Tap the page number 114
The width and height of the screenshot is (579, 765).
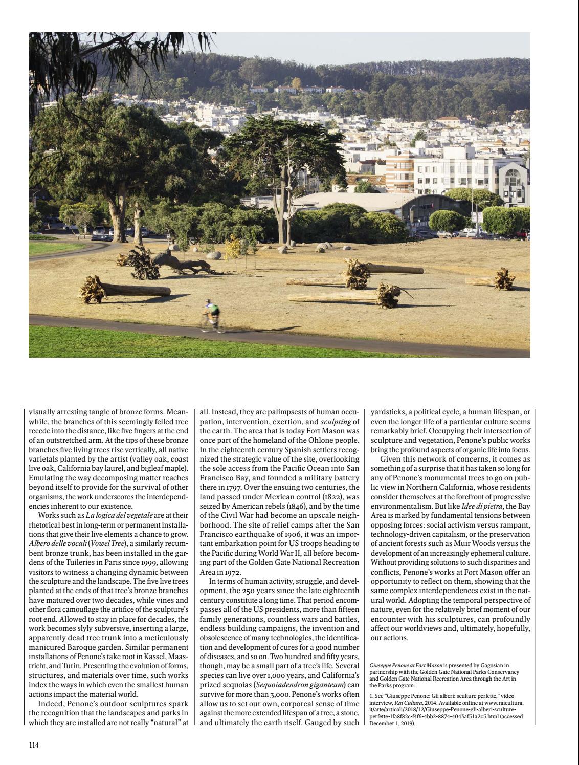34,745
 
